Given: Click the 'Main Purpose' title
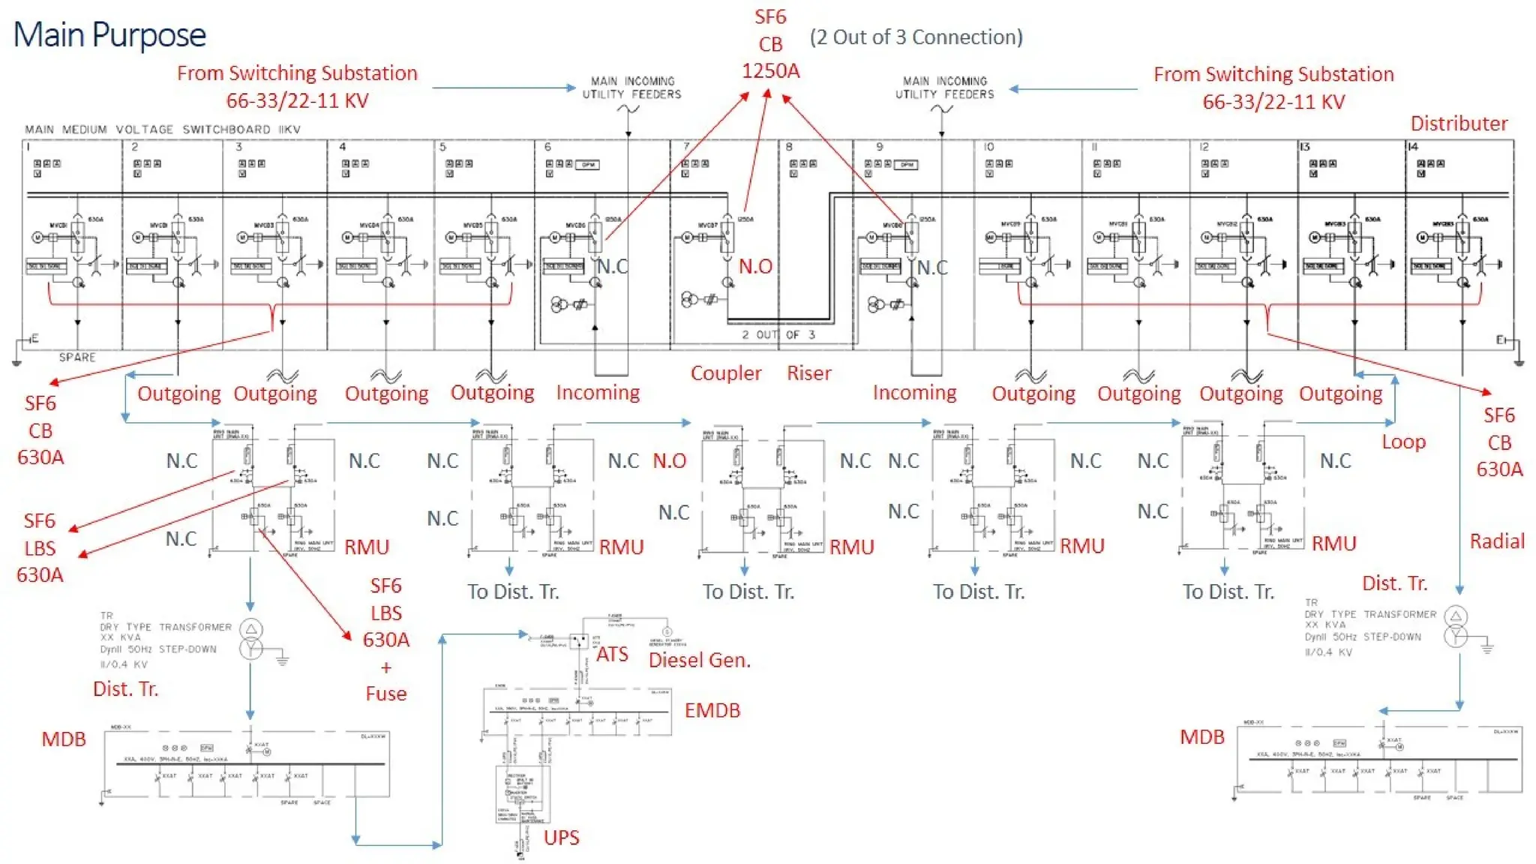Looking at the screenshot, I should (x=109, y=34).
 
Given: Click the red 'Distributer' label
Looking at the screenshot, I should (x=1458, y=123).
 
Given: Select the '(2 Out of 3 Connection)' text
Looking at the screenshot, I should (x=916, y=37).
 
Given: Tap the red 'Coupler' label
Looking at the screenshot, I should (x=725, y=373).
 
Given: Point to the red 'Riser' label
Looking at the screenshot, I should (x=808, y=373).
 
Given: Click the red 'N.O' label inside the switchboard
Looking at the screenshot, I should (x=754, y=266).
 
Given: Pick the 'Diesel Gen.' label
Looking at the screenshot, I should (x=699, y=660).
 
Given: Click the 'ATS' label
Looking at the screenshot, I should (x=612, y=654).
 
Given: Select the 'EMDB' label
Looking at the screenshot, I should (x=712, y=710).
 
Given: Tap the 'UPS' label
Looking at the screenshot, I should (x=561, y=837).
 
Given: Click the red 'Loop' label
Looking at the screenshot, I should (x=1403, y=442).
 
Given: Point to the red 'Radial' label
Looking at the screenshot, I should (x=1496, y=541).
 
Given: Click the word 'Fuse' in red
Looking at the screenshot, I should (x=385, y=694).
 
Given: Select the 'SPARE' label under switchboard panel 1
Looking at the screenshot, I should (x=77, y=357).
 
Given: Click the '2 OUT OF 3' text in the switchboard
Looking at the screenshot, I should (x=778, y=334).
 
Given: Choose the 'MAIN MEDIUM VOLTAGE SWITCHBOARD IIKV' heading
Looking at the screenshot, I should (x=163, y=129).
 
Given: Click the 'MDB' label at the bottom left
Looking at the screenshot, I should (x=64, y=739).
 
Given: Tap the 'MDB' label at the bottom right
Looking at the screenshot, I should (x=1201, y=736).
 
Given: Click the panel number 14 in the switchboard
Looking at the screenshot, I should (x=1412, y=147).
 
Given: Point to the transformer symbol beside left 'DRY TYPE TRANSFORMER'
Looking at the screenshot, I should (x=251, y=638).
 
